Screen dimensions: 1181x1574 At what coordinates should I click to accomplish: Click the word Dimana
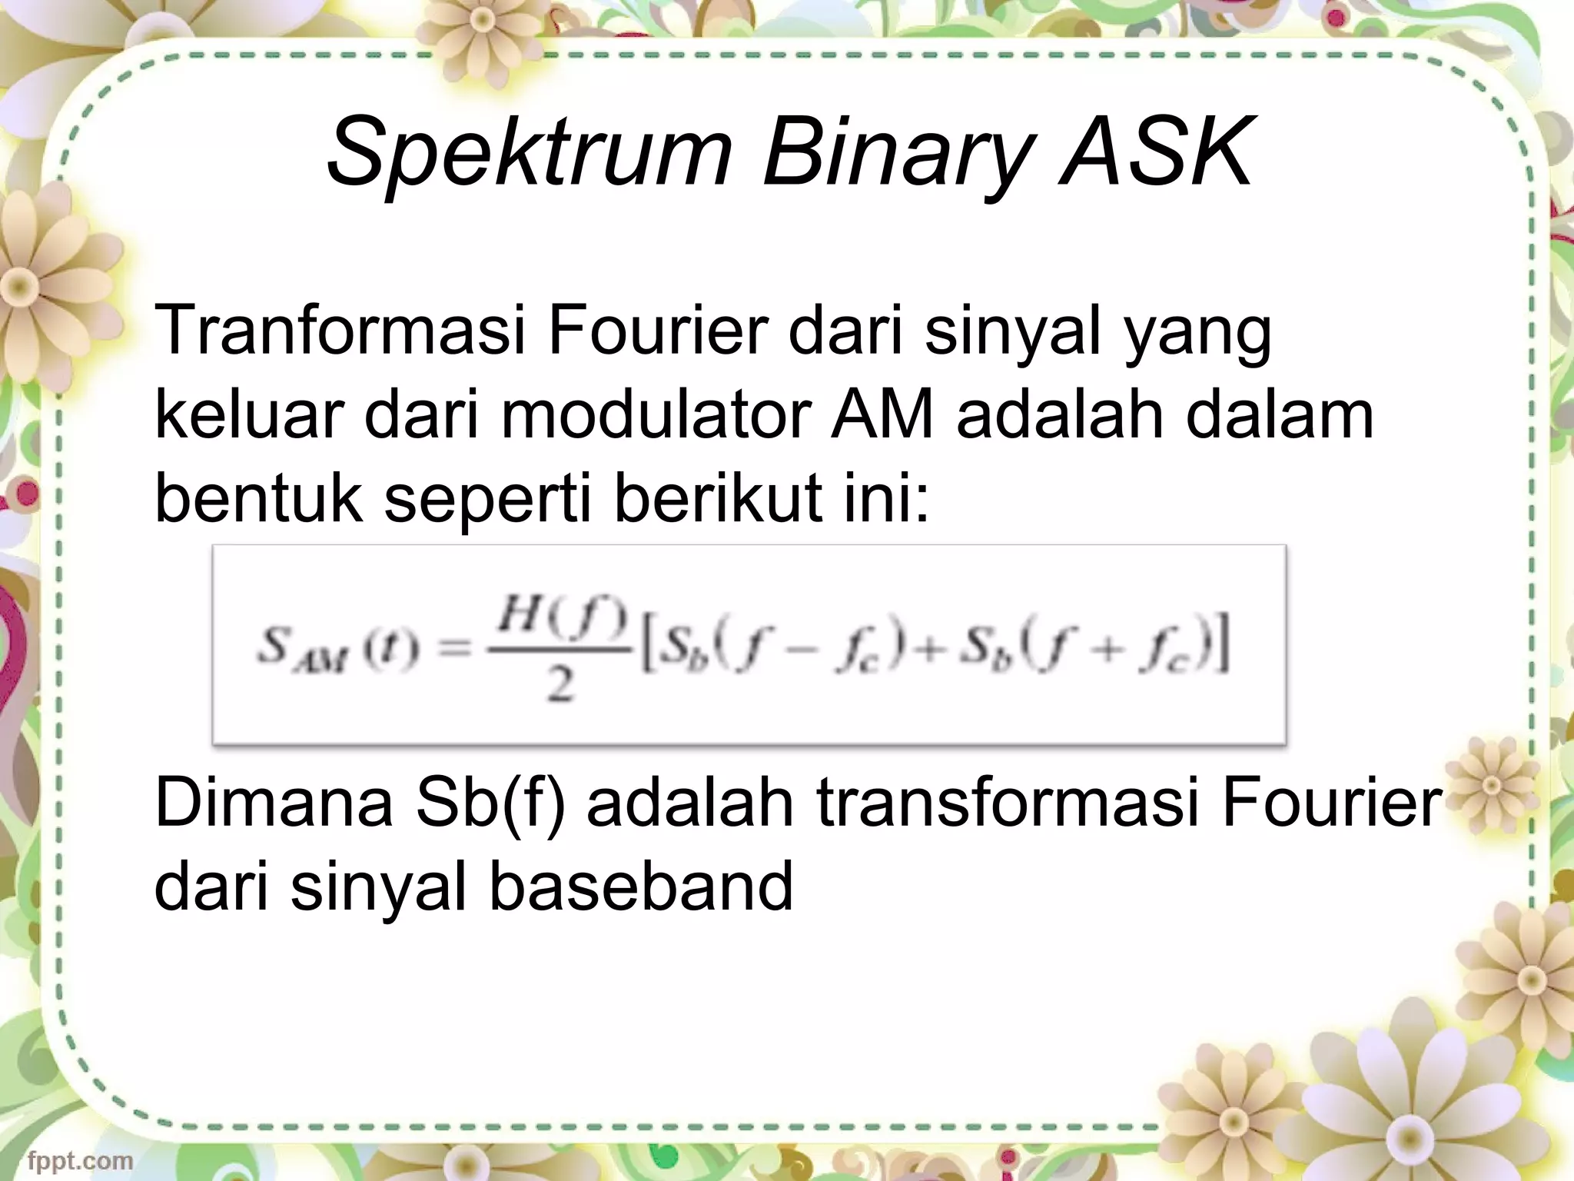click(x=274, y=803)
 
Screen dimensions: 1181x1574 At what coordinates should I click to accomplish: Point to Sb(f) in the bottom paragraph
click(x=489, y=803)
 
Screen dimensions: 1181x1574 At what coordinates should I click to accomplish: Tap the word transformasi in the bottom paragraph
click(x=1008, y=803)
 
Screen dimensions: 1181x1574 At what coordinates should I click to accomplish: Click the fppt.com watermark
click(x=81, y=1161)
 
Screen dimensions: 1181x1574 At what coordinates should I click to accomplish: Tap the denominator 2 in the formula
click(x=560, y=684)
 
